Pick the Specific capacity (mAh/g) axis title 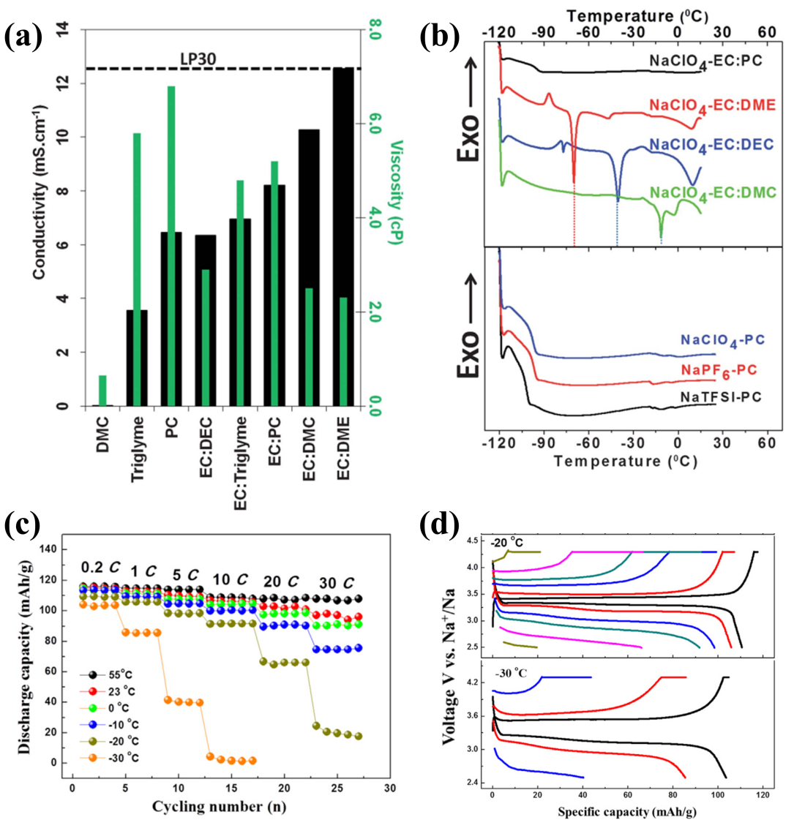click(621, 811)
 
